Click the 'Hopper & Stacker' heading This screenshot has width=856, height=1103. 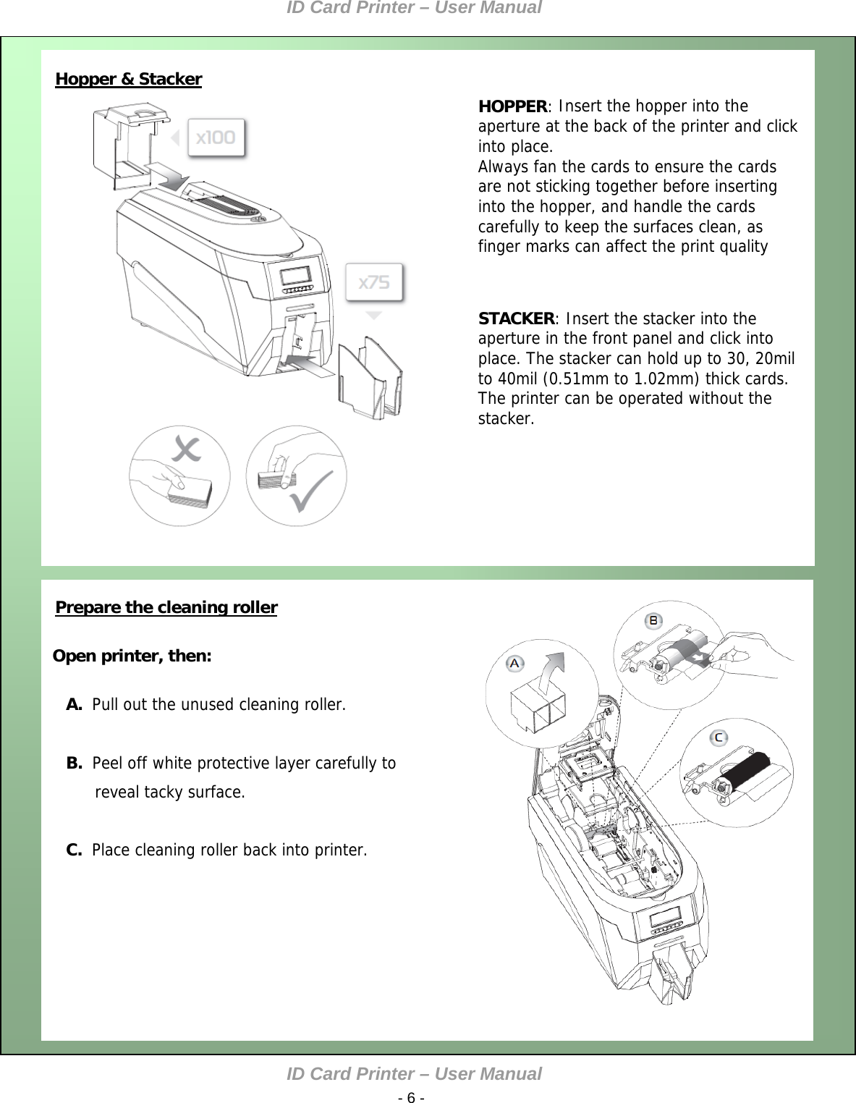(128, 79)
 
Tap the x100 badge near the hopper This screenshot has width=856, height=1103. (216, 138)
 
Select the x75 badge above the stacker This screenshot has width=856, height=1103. (374, 282)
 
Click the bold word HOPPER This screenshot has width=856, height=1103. (512, 106)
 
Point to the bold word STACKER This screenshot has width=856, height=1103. (516, 318)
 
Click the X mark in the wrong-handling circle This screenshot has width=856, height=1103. (186, 449)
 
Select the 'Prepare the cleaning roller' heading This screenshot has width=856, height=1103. (166, 607)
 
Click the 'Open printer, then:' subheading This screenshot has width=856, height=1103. (132, 656)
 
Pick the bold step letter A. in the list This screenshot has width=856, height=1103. (74, 704)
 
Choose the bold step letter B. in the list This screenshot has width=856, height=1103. (74, 763)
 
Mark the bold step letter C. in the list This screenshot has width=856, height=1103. (74, 850)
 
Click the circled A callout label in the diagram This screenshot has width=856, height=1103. (514, 663)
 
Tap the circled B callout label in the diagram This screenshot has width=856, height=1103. (653, 620)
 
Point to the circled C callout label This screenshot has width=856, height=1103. (719, 738)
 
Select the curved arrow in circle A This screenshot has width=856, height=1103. (554, 669)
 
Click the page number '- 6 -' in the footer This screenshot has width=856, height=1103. (411, 1098)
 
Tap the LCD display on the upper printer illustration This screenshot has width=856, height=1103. (295, 276)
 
